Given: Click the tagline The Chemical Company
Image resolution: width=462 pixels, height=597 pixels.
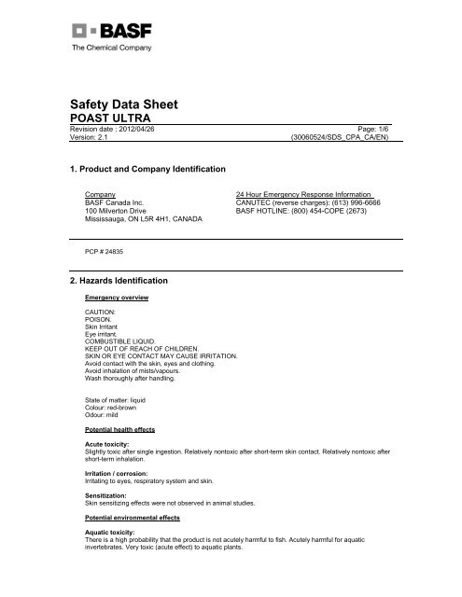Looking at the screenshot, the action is (110, 47).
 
